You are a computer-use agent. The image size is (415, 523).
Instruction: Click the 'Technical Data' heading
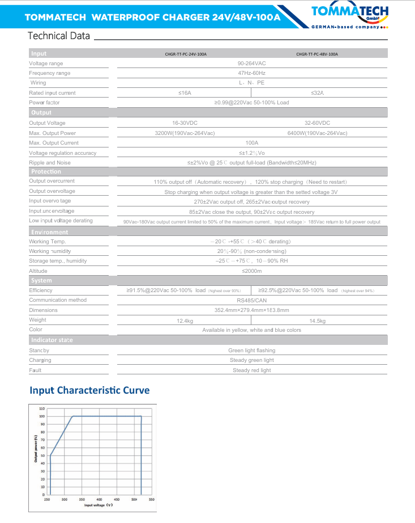59,36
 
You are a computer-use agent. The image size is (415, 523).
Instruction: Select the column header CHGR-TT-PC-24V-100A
185,54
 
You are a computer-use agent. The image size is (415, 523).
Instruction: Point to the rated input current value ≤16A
185,92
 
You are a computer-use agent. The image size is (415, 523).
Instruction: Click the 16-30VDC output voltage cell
185,123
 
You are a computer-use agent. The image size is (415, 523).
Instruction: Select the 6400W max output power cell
317,133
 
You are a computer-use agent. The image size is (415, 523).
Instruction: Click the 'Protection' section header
46,171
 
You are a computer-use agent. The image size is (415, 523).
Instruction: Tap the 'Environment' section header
49,232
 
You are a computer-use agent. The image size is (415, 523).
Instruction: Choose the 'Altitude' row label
38,271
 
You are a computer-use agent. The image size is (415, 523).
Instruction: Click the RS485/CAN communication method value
251,300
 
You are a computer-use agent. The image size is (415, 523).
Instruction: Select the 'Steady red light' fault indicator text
251,370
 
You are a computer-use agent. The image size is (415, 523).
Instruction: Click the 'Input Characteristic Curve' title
89,390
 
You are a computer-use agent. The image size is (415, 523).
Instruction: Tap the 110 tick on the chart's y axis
42,408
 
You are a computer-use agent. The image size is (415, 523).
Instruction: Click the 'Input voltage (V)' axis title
99,505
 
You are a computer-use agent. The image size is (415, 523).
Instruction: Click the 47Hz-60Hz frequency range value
251,73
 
